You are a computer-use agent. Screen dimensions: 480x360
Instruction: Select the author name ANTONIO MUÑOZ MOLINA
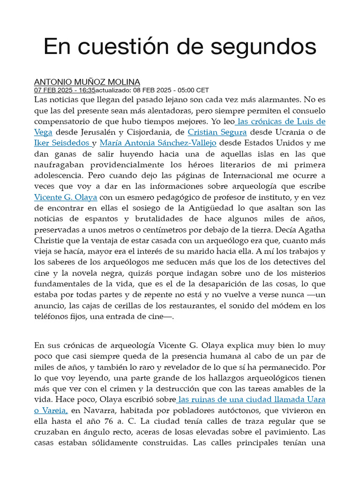tap(87, 82)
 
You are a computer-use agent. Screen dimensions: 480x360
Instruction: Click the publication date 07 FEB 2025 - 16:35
tap(65, 90)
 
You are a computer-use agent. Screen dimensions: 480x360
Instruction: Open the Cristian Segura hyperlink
tap(217, 132)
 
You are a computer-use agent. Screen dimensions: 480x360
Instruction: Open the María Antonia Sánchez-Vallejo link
tap(158, 143)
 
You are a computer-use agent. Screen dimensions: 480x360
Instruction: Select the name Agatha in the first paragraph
tap(309, 230)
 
